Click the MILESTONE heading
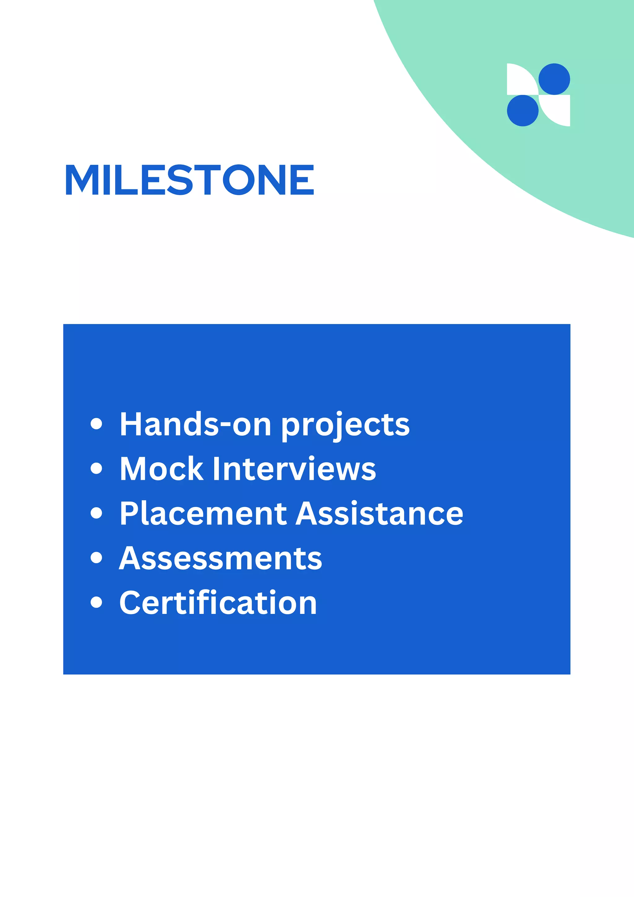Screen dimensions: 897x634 tap(189, 180)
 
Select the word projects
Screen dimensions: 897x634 tap(345, 426)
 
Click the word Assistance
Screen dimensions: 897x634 tap(379, 513)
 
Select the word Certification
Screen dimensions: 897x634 tap(218, 603)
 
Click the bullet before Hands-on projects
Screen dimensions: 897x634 tap(96, 424)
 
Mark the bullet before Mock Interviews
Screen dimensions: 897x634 tap(96, 468)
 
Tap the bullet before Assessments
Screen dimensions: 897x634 tap(96, 558)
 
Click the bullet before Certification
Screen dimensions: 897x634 tap(96, 602)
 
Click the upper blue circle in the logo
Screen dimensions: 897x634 tap(554, 79)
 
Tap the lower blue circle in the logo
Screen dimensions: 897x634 tap(523, 110)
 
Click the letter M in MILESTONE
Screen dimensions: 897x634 tap(82, 180)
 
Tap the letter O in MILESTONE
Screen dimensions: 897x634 tap(238, 180)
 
